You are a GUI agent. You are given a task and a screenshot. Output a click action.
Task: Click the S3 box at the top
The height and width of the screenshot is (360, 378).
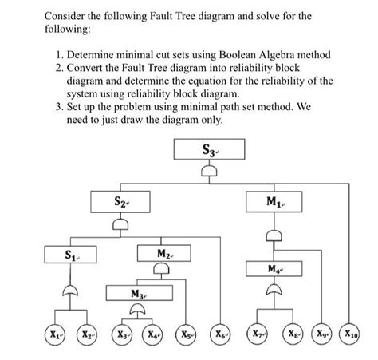(209, 151)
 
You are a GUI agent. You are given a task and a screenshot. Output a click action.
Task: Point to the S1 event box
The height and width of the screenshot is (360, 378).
(73, 256)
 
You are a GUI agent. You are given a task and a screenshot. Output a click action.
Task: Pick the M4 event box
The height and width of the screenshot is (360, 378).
(275, 267)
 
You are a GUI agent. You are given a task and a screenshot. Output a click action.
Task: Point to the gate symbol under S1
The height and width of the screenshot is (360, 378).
(73, 288)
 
